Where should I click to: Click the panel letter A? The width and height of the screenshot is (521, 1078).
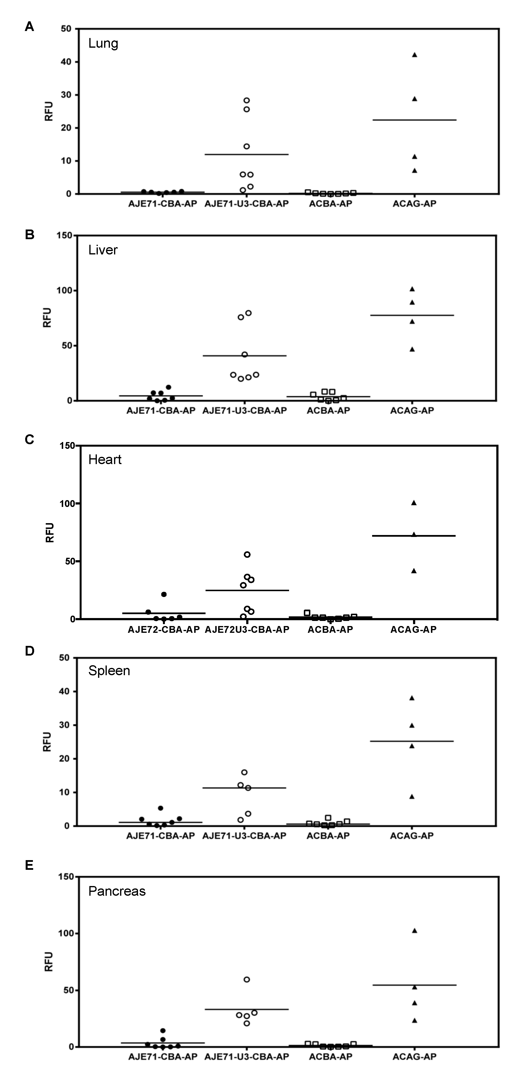(29, 27)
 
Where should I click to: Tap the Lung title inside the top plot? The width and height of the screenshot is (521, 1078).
(103, 44)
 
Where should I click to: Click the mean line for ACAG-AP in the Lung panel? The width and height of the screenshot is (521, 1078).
(414, 120)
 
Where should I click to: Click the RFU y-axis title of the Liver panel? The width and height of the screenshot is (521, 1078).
(48, 318)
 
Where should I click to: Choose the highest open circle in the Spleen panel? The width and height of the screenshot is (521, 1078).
(244, 772)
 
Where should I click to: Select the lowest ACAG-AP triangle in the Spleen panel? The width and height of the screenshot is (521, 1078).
(412, 796)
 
